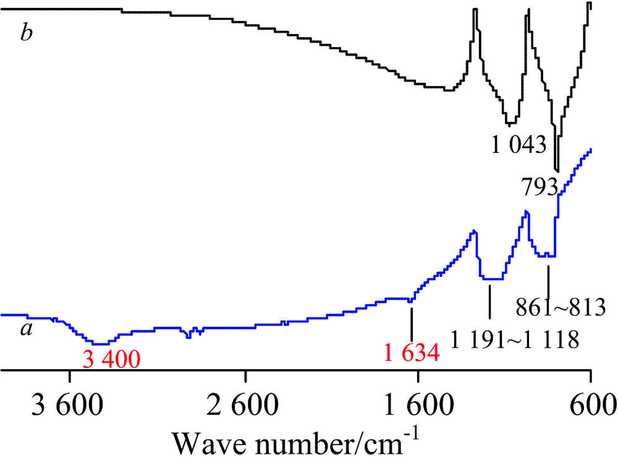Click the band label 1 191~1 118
coord(516,338)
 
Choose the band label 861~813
coord(561,305)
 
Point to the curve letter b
coord(26,33)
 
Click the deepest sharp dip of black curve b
coord(557,170)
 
